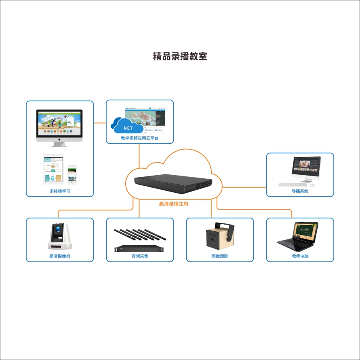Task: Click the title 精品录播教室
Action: click(180, 56)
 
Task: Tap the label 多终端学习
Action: click(60, 191)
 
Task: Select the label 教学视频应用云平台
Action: click(140, 138)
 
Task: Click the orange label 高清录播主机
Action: click(174, 204)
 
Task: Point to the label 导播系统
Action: click(300, 191)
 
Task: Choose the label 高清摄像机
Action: click(60, 256)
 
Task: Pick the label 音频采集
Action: click(140, 256)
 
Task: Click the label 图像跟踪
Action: click(220, 256)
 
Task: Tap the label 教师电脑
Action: click(300, 256)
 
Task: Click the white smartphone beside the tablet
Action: click(72, 174)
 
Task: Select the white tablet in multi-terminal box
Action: click(53, 169)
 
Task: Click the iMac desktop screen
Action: click(59, 123)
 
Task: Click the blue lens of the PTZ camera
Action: click(59, 230)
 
